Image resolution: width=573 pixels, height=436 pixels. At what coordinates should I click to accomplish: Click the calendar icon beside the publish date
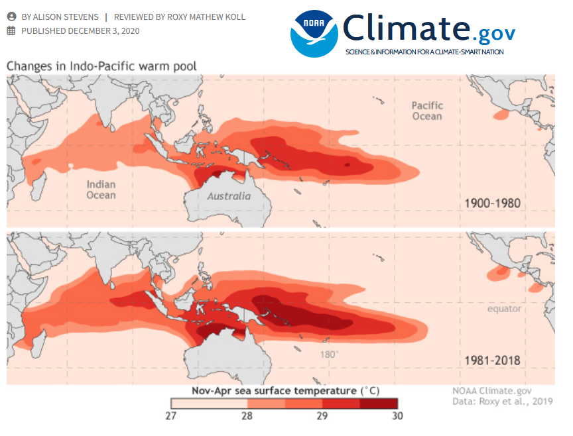point(11,30)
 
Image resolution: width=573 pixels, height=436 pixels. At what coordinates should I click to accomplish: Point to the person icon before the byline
point(11,17)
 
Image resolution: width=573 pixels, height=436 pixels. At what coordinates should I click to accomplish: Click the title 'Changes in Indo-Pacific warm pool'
point(101,66)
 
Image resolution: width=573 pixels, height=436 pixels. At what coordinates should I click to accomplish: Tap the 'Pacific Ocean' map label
point(426,111)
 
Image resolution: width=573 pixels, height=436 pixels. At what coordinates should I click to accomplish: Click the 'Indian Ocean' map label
point(101,190)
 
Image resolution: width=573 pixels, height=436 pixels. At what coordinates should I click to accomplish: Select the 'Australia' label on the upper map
point(229,196)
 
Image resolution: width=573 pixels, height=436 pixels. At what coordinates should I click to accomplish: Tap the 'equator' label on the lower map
point(504,309)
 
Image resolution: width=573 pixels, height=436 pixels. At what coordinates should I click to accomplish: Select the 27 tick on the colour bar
point(171,416)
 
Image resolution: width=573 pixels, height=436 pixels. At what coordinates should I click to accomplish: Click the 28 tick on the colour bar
point(247,416)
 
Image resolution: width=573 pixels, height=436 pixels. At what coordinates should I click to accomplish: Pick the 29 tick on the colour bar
point(322,416)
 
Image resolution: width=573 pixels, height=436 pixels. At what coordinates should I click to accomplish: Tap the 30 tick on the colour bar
point(397,416)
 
